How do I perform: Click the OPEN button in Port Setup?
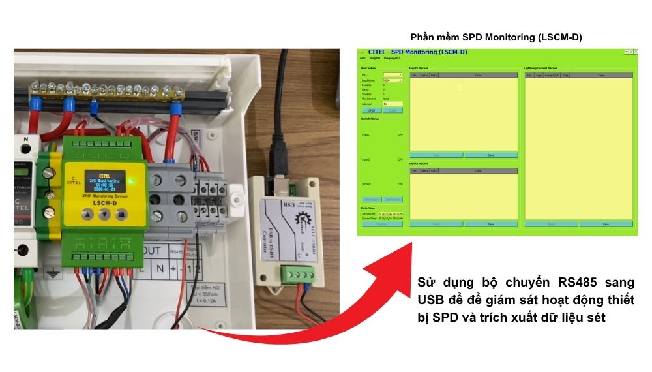[371, 110]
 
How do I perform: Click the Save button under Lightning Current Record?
[606, 224]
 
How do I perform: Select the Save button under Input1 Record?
[490, 155]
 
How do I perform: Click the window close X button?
[635, 51]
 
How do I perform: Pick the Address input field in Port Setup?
[393, 104]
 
